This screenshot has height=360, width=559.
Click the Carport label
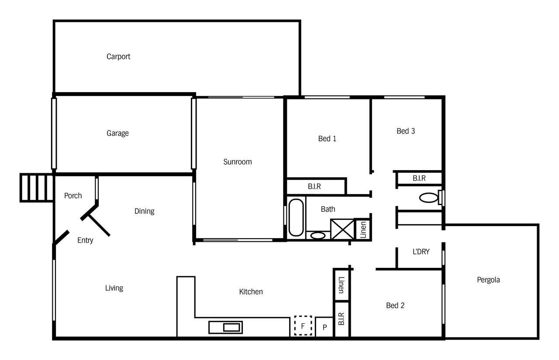coord(118,57)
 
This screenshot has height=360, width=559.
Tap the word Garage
coord(117,134)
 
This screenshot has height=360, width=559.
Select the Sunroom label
coord(237,162)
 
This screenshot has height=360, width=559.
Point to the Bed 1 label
coord(327,139)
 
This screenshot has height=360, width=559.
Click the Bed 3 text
coord(406,131)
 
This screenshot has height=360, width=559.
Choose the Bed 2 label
coord(395,305)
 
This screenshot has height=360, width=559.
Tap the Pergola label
coord(488,280)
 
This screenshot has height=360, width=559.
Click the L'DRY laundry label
coord(421,252)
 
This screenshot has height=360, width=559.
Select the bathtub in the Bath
coord(296,217)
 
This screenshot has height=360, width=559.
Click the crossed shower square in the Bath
coord(342,230)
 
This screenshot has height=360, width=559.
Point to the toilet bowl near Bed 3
coord(428,198)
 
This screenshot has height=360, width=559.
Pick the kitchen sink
coord(225,327)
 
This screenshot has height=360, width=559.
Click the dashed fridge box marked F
coord(303,326)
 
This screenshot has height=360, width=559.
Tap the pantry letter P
coord(324,327)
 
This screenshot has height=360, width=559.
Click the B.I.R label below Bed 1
coord(314,186)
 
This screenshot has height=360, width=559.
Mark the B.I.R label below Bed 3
coord(419,178)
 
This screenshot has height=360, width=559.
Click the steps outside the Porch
coord(36,188)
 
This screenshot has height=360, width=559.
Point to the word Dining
coord(144,211)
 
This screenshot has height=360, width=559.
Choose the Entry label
coord(85,240)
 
